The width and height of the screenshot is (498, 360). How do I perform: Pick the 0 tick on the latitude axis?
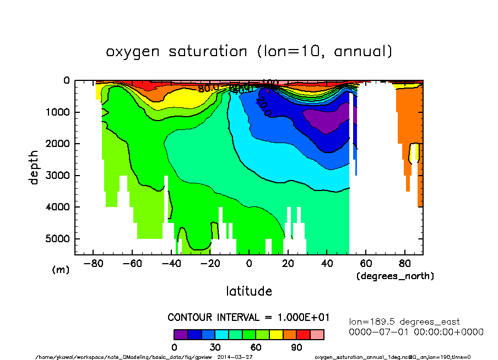[249, 263]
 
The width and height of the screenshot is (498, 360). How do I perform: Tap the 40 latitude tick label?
[327, 263]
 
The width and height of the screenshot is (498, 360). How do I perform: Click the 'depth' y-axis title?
[34, 167]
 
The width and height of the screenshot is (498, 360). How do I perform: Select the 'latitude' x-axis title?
[248, 290]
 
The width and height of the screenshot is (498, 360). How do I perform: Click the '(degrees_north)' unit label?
[395, 276]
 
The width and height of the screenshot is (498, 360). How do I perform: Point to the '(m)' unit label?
[59, 270]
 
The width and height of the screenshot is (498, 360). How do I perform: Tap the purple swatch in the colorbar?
[180, 334]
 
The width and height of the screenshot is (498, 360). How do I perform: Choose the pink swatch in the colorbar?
[317, 334]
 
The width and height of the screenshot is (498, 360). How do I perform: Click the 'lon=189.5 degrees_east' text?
[404, 321]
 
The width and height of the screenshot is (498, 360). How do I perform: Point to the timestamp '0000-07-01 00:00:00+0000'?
[416, 332]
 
